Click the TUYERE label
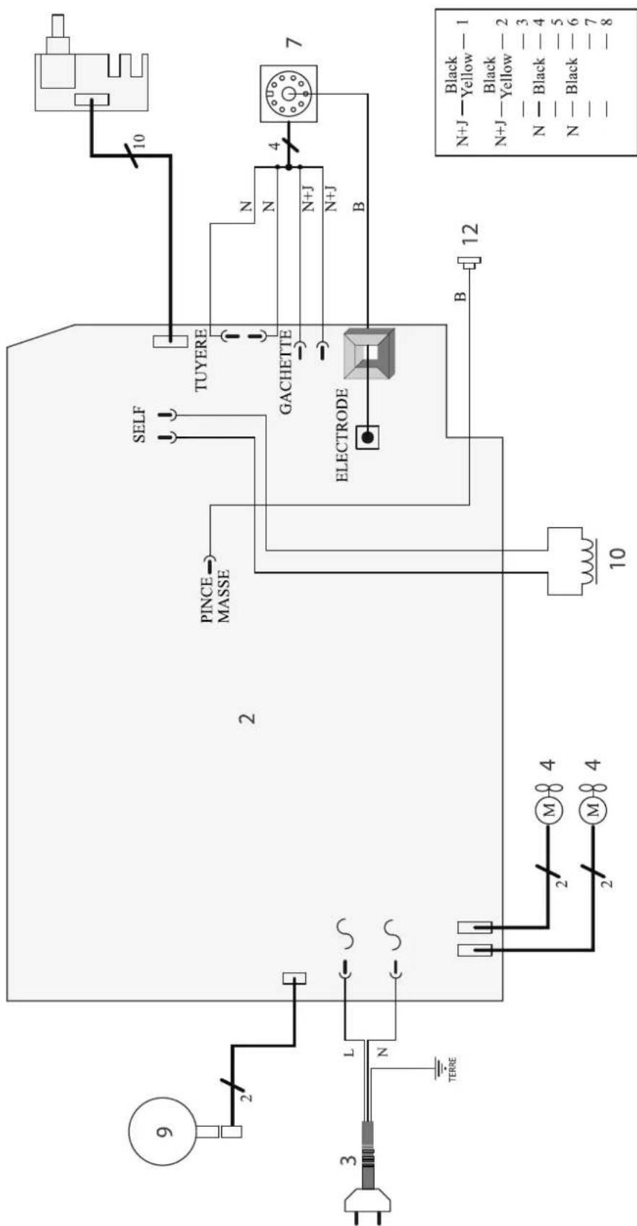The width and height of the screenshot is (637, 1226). point(202,359)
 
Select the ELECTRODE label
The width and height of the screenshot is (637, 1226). point(342,435)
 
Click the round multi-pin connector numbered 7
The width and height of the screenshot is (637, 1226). point(287,93)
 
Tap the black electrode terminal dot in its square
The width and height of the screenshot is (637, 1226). point(368,438)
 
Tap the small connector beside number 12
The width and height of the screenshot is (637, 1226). point(469,262)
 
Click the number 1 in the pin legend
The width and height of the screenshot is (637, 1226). point(466,23)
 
